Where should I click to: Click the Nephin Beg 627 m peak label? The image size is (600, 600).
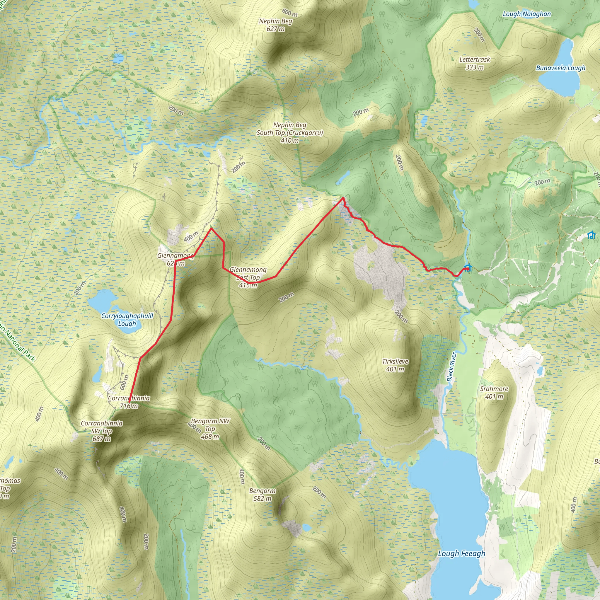pos(276,25)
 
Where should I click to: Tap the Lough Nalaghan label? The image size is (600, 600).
pos(527,14)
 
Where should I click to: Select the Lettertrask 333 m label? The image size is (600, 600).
pos(475,63)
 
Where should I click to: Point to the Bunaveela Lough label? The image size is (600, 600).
pos(560,68)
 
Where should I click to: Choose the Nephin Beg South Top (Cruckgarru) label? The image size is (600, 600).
pos(289,133)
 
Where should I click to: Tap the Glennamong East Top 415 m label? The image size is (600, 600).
pos(248,277)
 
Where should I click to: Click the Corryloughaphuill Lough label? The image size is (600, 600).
pos(127,320)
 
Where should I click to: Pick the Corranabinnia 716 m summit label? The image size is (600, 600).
pos(129,402)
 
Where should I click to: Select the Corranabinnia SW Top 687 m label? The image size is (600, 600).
pos(102,431)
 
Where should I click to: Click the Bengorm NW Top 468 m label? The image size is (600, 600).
pos(210,429)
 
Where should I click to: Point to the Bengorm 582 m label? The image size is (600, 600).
pos(262,495)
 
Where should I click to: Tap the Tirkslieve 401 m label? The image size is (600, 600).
pos(395,365)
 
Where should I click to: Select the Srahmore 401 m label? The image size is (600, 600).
pos(494,393)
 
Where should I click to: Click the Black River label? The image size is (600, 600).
pos(451,367)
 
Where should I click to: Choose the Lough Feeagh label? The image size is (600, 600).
pos(461,553)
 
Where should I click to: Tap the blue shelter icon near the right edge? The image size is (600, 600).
pos(592,235)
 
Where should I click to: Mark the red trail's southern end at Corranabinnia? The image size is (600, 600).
pos(129,402)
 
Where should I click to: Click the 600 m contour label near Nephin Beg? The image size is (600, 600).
pos(290,12)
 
